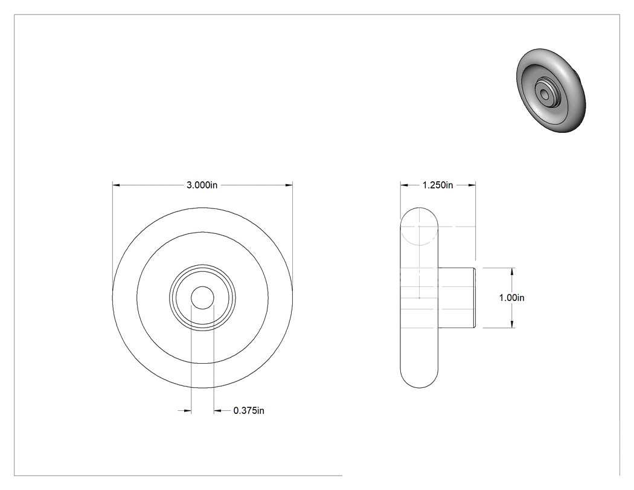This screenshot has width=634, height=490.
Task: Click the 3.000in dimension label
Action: pos(202,185)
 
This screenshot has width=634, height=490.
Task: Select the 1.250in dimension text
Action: pos(438,185)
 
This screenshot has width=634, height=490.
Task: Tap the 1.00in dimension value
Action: pos(511,298)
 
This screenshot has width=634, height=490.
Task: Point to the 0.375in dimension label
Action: pos(249,411)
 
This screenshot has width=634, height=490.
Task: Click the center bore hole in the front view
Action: pos(202,298)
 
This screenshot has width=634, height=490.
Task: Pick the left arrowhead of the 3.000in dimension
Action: pos(116,185)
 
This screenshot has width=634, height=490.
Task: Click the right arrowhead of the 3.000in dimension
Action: pos(289,185)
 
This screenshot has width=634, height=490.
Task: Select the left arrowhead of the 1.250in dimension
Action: pos(405,185)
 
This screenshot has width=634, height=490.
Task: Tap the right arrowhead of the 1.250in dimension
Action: pos(472,185)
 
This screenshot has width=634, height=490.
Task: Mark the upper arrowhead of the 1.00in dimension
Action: pos(512,271)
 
